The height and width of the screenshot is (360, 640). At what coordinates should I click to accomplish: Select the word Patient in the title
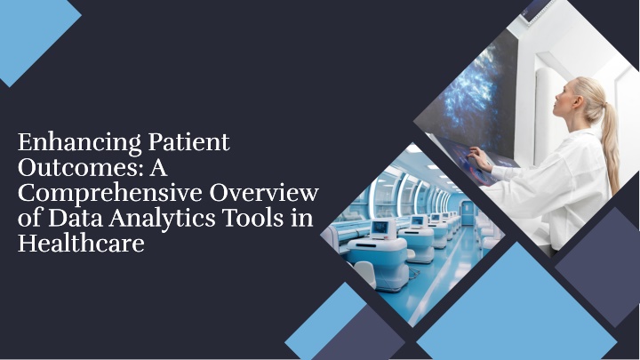(x=188, y=142)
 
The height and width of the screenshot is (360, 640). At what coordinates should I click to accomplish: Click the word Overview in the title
(x=264, y=193)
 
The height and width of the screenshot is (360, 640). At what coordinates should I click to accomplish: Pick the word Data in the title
(x=75, y=218)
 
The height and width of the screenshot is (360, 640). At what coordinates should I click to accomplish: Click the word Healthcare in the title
(x=81, y=244)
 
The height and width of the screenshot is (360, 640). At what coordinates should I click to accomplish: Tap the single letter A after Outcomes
(x=158, y=168)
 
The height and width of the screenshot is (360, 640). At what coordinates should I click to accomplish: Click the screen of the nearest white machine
(x=380, y=228)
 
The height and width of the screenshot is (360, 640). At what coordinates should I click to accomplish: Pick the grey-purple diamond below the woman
(x=597, y=267)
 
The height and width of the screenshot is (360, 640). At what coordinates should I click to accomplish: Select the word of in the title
(x=30, y=218)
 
